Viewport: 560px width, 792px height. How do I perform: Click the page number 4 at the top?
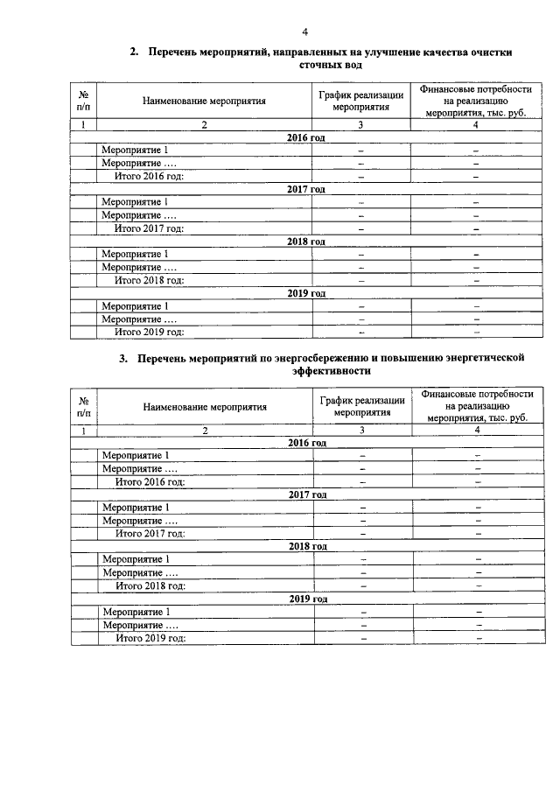tap(304, 32)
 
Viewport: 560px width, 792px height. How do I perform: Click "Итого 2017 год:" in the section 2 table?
tap(149, 228)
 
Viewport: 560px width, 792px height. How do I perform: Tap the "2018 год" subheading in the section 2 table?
tap(306, 242)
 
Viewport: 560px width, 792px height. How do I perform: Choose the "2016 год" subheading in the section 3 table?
tap(307, 444)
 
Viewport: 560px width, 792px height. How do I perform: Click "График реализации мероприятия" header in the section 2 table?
tap(361, 101)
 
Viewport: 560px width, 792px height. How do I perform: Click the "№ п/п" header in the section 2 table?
tap(83, 101)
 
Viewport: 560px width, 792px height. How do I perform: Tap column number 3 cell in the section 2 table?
tap(360, 124)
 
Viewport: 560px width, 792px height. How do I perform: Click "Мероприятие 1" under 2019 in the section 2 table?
tap(135, 305)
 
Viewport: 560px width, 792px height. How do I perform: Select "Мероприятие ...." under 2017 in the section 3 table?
tap(140, 521)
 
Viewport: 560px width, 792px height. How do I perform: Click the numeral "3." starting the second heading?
tap(124, 359)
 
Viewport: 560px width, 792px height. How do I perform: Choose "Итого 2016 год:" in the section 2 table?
tap(149, 176)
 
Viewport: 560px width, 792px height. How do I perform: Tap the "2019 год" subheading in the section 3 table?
tap(307, 599)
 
